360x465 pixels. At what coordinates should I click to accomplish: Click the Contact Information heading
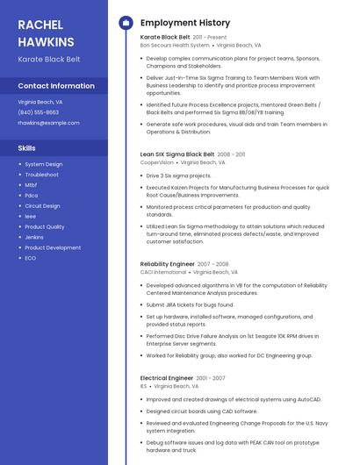pyautogui.click(x=56, y=86)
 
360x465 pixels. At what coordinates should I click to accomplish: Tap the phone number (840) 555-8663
pyautogui.click(x=39, y=112)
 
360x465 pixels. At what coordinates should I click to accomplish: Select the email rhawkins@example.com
pyautogui.click(x=48, y=123)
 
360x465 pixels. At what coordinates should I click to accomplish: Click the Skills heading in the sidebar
pyautogui.click(x=27, y=148)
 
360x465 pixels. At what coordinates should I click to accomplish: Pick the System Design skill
pyautogui.click(x=44, y=164)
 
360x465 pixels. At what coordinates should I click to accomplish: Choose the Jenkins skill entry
pyautogui.click(x=34, y=237)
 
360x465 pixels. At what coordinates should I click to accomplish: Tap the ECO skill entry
pyautogui.click(x=31, y=258)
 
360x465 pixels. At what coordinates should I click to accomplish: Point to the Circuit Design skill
pyautogui.click(x=42, y=205)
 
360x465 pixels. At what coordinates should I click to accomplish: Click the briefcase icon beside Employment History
pyautogui.click(x=125, y=22)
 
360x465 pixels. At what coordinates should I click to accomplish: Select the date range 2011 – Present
pyautogui.click(x=210, y=38)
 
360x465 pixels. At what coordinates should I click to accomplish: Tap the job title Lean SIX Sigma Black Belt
pyautogui.click(x=177, y=154)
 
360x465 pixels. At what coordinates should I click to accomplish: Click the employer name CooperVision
pyautogui.click(x=157, y=161)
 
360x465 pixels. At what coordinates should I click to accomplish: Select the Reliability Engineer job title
pyautogui.click(x=167, y=263)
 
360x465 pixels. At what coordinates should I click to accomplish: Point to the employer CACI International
pyautogui.click(x=163, y=272)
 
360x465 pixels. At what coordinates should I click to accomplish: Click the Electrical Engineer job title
pyautogui.click(x=167, y=377)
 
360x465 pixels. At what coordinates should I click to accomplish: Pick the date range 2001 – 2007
pyautogui.click(x=211, y=378)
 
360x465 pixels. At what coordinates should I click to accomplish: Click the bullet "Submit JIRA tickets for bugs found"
pyautogui.click(x=190, y=304)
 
